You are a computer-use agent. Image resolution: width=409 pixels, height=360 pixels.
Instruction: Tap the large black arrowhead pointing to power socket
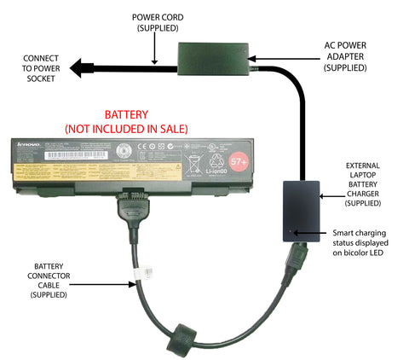(x=83, y=67)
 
